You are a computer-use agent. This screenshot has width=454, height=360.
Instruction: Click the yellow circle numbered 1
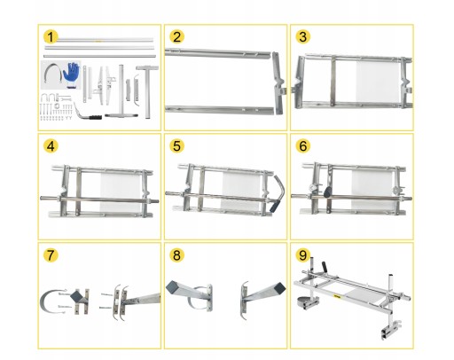51,37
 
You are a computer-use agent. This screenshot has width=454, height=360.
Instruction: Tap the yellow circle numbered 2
176,37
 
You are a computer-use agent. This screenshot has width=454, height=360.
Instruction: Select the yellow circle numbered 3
303,37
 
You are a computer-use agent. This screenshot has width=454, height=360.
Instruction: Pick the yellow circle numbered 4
51,146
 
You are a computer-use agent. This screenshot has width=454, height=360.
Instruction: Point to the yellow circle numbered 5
176,146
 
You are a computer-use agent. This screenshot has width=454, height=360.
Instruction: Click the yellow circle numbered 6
303,146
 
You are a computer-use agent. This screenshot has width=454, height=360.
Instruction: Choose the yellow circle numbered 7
51,255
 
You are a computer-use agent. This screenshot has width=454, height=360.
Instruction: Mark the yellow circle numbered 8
176,255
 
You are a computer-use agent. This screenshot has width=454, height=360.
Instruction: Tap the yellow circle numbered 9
303,255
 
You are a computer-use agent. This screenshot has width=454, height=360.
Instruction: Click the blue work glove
72,74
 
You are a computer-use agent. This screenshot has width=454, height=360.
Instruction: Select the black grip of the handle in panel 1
95,117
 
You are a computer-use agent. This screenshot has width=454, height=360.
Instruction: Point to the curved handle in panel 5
278,193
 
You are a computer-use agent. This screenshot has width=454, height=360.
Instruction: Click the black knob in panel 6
328,192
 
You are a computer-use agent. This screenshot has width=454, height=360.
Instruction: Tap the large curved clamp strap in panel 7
42,301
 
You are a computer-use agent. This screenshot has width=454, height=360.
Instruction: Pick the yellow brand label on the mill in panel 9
337,296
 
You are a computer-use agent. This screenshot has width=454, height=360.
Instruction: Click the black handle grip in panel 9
325,267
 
